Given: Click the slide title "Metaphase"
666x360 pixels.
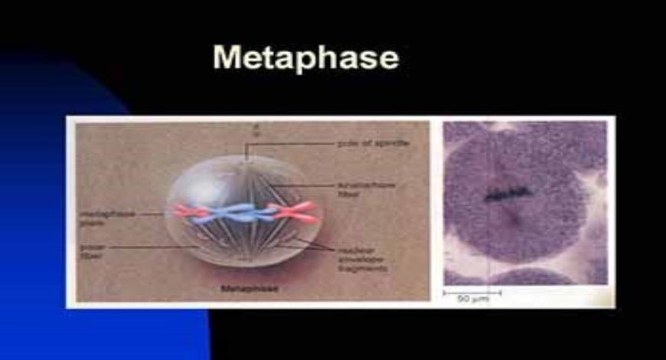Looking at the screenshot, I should [305, 58].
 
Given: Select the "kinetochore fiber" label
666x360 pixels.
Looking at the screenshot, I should [366, 189].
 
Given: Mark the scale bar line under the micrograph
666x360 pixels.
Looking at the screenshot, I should [472, 291].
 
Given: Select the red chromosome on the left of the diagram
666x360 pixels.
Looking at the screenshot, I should [191, 211].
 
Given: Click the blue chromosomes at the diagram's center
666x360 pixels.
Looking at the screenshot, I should [237, 214].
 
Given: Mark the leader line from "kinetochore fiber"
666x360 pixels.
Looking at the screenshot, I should [306, 186].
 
